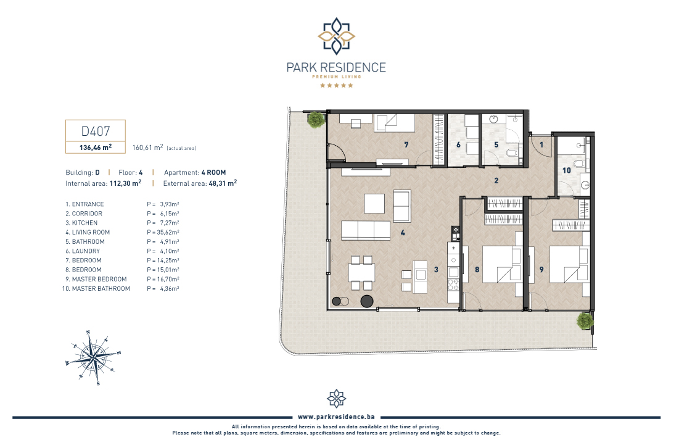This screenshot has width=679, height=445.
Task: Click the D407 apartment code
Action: (96, 131)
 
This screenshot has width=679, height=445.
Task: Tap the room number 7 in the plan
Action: (406, 144)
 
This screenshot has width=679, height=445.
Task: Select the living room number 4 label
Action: (403, 233)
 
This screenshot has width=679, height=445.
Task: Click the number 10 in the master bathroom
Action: (566, 170)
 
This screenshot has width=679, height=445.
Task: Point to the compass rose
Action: (94, 357)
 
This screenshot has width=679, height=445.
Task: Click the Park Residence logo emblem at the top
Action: (337, 36)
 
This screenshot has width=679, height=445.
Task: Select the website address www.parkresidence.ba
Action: (336, 417)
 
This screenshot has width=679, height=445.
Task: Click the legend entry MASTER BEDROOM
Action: (99, 279)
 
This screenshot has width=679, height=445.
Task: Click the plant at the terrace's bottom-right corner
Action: (585, 321)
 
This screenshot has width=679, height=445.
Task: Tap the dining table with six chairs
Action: (361, 273)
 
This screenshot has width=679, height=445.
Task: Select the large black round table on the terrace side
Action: (367, 301)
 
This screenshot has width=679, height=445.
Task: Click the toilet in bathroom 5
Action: (513, 153)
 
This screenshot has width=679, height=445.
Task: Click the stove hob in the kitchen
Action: (453, 285)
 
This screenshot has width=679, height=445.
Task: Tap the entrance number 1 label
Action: (541, 144)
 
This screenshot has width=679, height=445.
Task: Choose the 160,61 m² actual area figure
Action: (147, 148)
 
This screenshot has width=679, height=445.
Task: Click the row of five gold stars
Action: (337, 85)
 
